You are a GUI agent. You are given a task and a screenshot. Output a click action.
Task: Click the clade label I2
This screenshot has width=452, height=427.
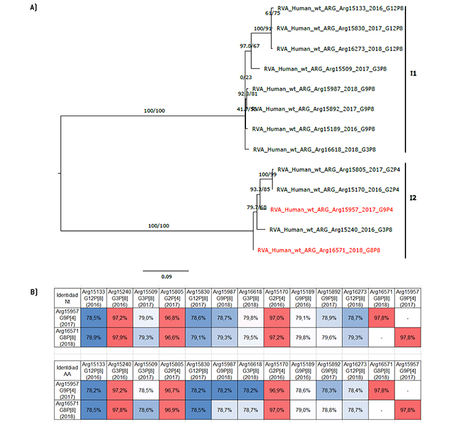click(x=413, y=193)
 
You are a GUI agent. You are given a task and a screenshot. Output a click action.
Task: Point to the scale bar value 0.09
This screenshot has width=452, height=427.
click(x=165, y=277)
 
